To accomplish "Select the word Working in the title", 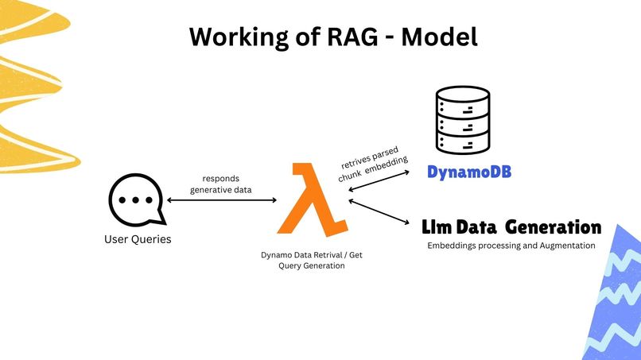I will click(226, 37).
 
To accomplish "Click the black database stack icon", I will click(461, 124).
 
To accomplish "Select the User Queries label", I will click(138, 239).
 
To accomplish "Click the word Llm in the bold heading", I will click(439, 228).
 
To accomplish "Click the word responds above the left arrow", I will click(220, 179).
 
